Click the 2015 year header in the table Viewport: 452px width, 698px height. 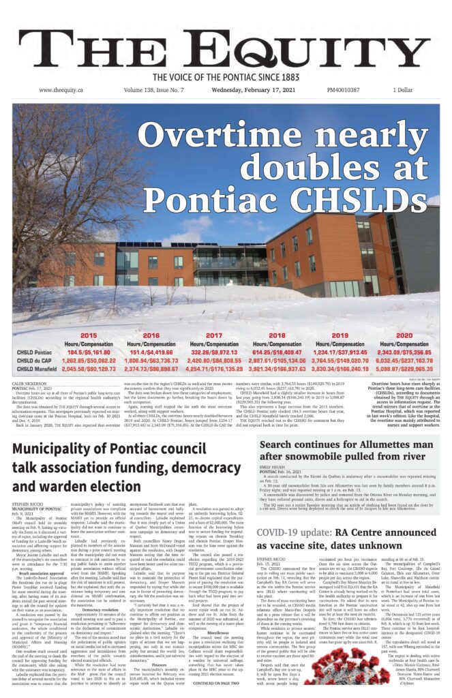pos(89,336)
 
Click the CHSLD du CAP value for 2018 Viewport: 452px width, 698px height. pos(277,360)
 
